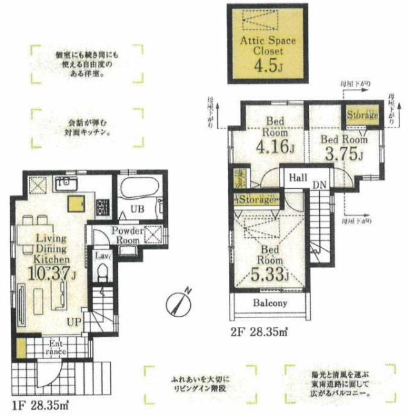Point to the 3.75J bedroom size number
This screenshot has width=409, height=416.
[x=344, y=154]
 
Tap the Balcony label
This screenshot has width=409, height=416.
[x=269, y=303]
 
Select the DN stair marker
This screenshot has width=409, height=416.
[x=319, y=184]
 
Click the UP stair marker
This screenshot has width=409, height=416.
[x=75, y=321]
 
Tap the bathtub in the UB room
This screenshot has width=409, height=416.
[x=137, y=191]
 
